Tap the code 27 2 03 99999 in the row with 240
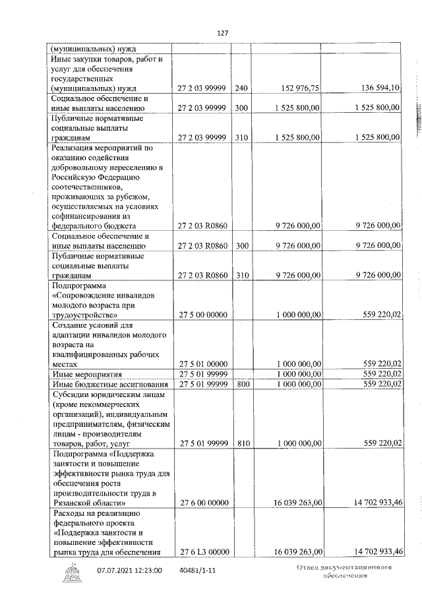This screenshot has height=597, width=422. click(x=202, y=88)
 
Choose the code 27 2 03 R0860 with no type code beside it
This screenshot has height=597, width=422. click(x=202, y=226)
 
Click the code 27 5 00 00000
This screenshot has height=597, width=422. click(x=202, y=315)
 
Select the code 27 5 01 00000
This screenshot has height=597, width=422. click(x=202, y=363)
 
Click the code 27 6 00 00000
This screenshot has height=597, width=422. click(x=202, y=503)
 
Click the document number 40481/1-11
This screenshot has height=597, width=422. click(x=197, y=571)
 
